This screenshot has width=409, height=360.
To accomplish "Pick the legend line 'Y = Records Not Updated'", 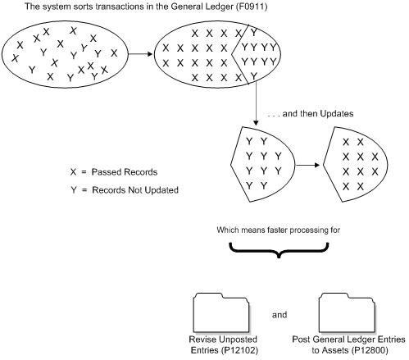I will pyautogui.click(x=125, y=190).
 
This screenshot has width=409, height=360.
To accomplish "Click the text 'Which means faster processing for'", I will pyautogui.click(x=284, y=230).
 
